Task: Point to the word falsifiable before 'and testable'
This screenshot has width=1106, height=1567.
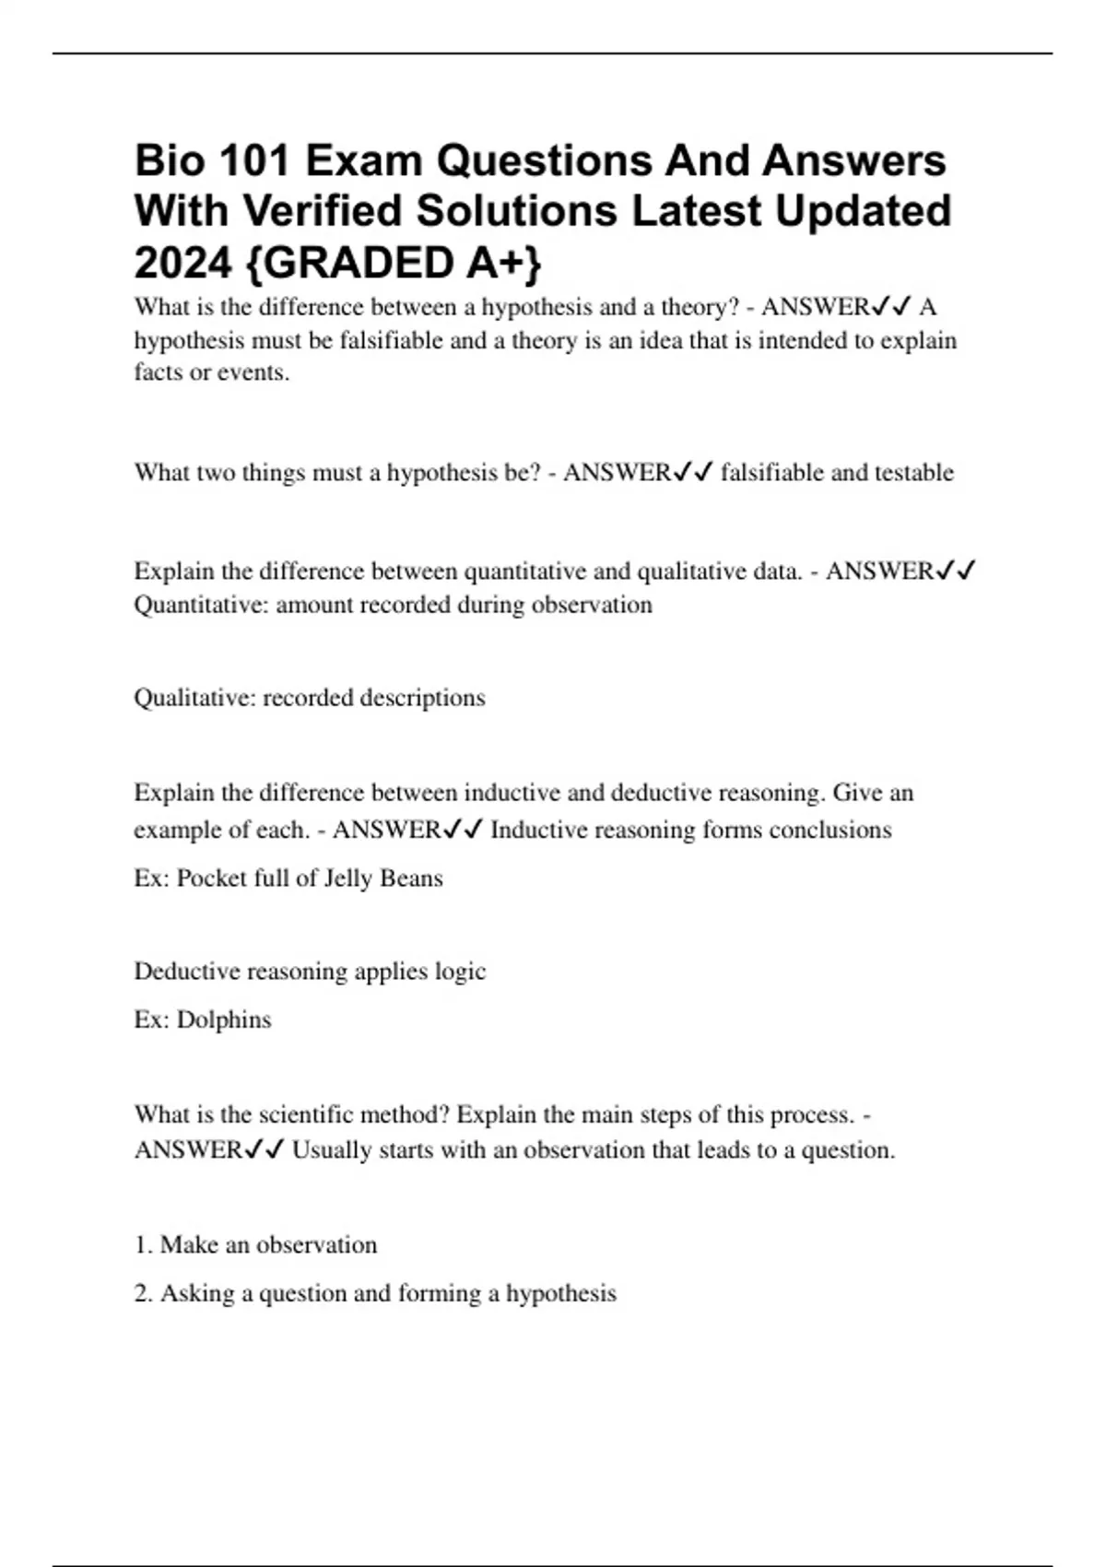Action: (x=772, y=473)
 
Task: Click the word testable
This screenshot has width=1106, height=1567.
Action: (x=913, y=473)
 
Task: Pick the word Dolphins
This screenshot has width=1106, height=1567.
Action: (x=224, y=1020)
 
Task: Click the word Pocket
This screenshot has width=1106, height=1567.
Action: (x=209, y=878)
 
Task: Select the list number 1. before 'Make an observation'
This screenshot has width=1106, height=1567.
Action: (x=143, y=1245)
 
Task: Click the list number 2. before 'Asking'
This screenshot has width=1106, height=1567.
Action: (x=143, y=1294)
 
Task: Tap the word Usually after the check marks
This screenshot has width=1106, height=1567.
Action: (x=328, y=1150)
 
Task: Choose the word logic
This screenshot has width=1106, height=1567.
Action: (x=461, y=972)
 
